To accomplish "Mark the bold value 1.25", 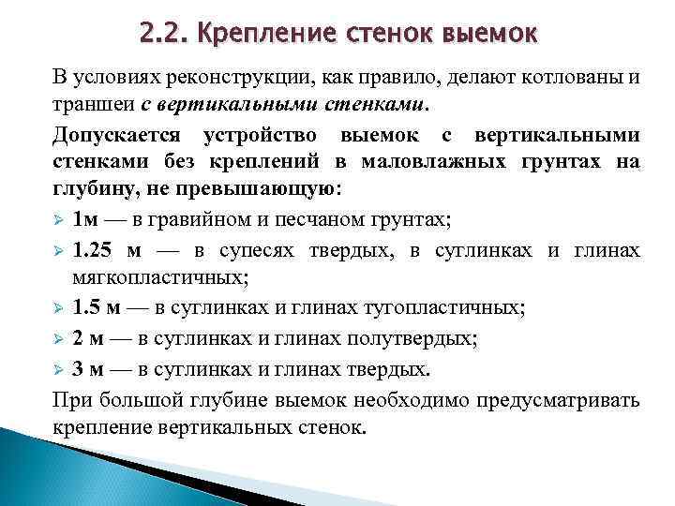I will pos(97,250).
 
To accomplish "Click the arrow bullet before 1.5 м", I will pos(58,308).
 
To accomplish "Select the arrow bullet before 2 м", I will pos(58,338).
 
